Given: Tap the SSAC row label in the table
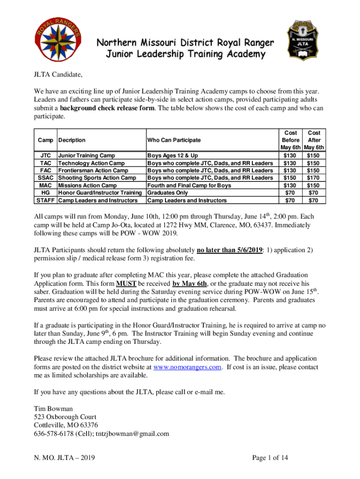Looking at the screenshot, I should pos(45,178).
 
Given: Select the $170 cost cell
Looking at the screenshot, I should pos(314,178).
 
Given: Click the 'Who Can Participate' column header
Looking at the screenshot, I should pos(174,140).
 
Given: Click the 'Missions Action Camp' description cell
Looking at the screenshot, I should pos(87,185).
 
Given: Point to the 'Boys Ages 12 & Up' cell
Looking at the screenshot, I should pos(173,155).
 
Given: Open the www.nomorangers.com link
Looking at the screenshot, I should pos(187,367).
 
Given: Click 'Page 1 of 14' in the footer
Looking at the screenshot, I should pos(270,458).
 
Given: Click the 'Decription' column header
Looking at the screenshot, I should pos(72,140).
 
